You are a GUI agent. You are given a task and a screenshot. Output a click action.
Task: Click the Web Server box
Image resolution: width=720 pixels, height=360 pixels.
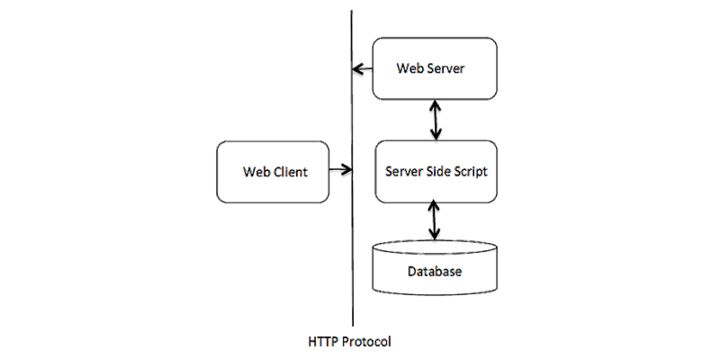435,68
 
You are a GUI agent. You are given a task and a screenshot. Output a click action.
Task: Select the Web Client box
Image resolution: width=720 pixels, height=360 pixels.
273,172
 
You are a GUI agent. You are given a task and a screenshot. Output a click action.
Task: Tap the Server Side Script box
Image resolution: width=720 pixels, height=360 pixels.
436,172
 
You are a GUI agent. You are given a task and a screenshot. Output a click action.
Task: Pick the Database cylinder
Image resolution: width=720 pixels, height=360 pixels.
435,267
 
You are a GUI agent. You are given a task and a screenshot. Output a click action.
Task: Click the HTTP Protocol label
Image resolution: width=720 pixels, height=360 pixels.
350,342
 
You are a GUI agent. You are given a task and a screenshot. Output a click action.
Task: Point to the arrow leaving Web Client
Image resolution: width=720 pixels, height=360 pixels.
341,170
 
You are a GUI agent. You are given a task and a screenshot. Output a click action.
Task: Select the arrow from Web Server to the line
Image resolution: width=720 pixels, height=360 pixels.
363,69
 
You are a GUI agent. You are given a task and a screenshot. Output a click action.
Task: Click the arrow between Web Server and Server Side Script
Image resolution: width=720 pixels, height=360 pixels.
435,120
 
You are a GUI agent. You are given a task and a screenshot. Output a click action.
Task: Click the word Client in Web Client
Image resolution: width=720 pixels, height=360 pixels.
291,172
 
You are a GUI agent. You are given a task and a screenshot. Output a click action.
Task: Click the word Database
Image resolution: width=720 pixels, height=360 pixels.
435,272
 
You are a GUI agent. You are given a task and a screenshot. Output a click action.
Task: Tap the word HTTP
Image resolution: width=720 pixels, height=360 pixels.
321,342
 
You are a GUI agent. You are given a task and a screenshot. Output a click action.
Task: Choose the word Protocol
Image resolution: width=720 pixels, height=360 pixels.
364,342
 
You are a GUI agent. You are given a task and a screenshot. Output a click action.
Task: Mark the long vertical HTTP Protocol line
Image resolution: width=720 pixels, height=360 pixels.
352,168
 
